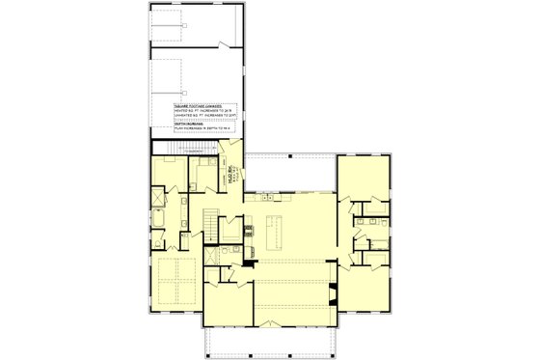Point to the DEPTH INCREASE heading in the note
(190, 123)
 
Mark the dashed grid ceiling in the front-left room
(175, 280)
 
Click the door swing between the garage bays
(224, 45)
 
